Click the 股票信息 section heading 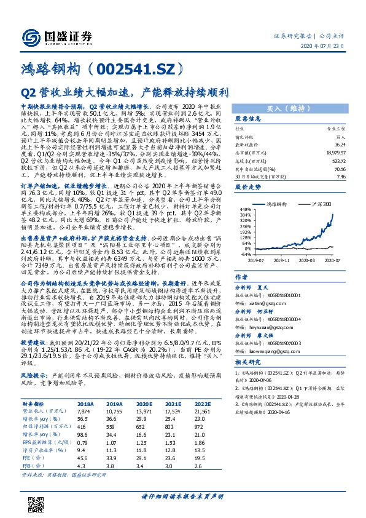[247, 119]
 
